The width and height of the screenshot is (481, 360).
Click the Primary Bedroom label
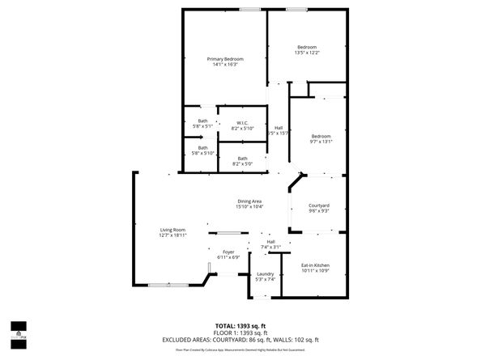pos(225,59)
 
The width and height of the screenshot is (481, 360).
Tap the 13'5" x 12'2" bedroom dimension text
pos(307,53)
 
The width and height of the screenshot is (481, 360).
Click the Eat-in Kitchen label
pos(315,265)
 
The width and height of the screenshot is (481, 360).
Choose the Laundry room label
pos(265,274)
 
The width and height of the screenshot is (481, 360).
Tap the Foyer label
pos(228,252)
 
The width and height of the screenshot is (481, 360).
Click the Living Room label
pos(172,230)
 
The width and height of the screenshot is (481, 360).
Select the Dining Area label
pos(249,201)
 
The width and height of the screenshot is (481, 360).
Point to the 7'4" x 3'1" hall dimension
pos(270,248)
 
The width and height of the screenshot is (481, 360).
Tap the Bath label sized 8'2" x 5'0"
pos(242,159)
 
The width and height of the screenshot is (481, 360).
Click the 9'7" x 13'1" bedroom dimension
pos(321,141)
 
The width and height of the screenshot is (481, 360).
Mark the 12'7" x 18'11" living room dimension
pos(172,235)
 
